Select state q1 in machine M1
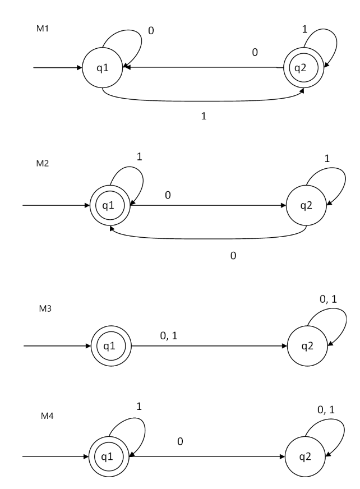(x=103, y=68)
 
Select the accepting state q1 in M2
(x=110, y=205)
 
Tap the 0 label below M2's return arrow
(x=233, y=255)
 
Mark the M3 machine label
(x=40, y=308)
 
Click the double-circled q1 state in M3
(x=110, y=345)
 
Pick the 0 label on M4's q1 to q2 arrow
(x=179, y=442)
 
